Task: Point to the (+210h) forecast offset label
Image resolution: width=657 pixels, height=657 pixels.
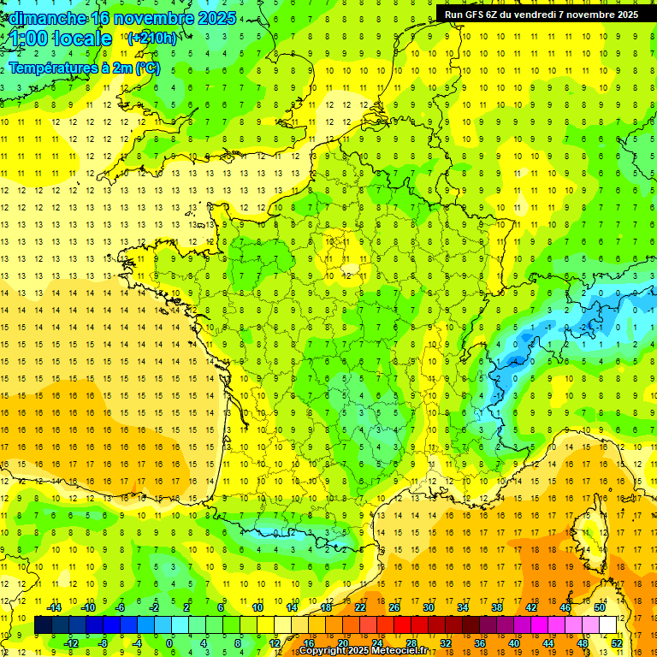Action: [x=152, y=38]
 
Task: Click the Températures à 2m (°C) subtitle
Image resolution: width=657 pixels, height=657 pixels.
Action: [x=84, y=68]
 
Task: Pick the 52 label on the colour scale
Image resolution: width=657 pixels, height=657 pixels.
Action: [x=616, y=643]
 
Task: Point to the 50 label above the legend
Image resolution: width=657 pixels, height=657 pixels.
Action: [x=599, y=607]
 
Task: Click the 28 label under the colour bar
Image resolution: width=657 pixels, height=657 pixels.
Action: [x=411, y=643]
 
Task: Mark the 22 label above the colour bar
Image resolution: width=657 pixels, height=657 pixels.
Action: [x=360, y=607]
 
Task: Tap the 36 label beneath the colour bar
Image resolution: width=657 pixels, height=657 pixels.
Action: [x=480, y=643]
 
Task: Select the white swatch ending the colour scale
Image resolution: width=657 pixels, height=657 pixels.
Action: [x=607, y=625]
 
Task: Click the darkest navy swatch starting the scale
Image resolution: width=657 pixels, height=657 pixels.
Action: [x=43, y=625]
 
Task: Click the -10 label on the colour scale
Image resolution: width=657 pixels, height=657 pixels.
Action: [x=87, y=607]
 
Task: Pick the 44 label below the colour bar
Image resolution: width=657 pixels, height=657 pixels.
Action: [x=548, y=643]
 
